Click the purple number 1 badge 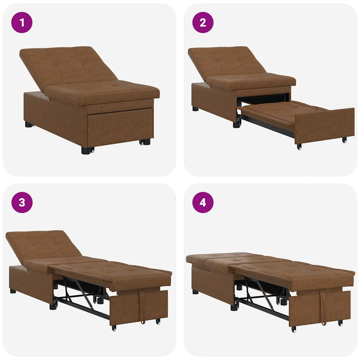coord(22,23)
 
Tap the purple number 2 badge coord(203,23)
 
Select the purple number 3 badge coord(22,203)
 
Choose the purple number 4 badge coord(203,203)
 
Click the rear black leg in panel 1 coord(28,124)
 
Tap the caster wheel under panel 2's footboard coord(298,147)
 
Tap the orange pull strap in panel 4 coord(322,311)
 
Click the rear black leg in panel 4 coord(196,292)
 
